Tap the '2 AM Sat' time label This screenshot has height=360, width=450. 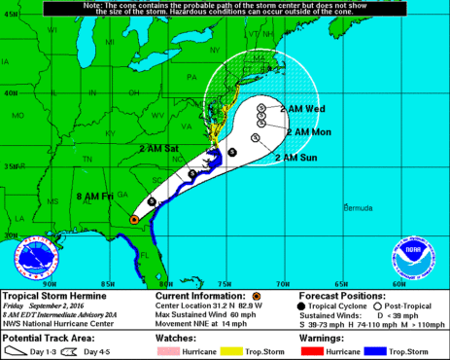[x=158, y=148]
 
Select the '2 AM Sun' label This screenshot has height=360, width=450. [x=296, y=157]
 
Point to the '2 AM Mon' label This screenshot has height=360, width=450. [x=314, y=130]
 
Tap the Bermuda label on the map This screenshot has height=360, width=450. [x=359, y=207]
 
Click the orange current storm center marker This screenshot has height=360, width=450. [x=133, y=220]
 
